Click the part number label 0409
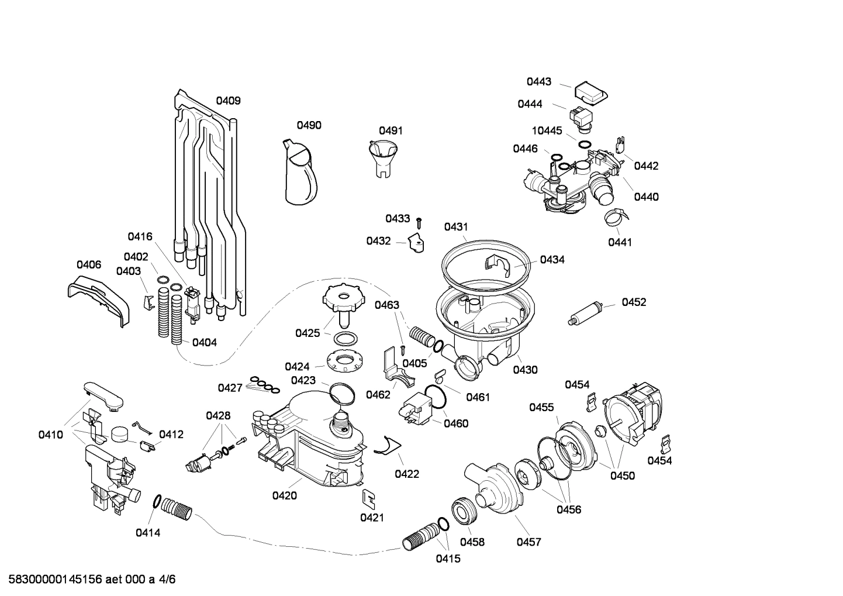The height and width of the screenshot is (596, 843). pyautogui.click(x=228, y=101)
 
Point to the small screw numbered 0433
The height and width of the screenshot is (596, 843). pyautogui.click(x=419, y=222)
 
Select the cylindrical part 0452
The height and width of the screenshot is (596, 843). pyautogui.click(x=585, y=313)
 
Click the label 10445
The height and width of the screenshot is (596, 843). pyautogui.click(x=547, y=130)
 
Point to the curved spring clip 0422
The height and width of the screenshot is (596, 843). pyautogui.click(x=385, y=446)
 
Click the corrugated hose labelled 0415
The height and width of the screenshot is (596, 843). pyautogui.click(x=420, y=536)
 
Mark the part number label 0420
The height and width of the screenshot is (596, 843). pyautogui.click(x=284, y=495)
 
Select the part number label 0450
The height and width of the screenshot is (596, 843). pyautogui.click(x=622, y=476)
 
